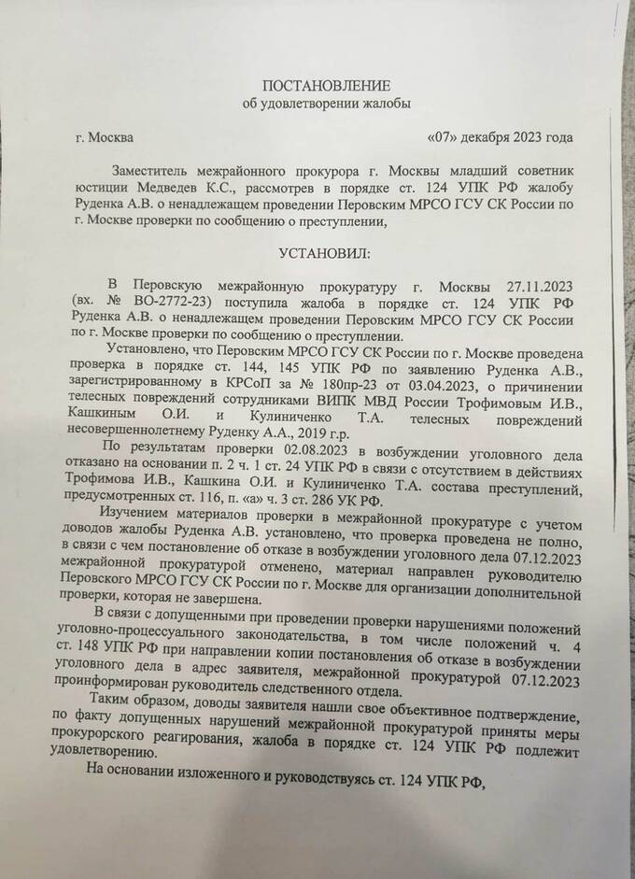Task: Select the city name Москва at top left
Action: [x=111, y=138]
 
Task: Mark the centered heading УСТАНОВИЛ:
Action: [x=324, y=252]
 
